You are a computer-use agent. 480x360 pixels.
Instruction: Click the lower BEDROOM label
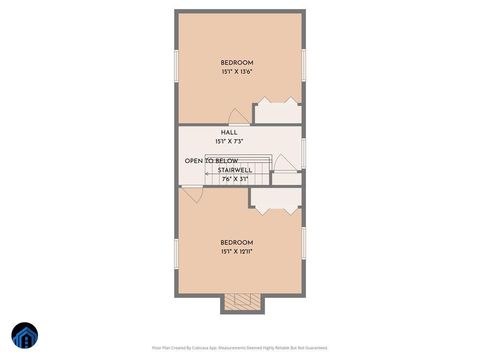(x=237, y=242)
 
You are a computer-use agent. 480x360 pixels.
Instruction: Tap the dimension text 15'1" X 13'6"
(x=237, y=72)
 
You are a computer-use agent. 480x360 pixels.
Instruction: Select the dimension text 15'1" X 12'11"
(x=237, y=252)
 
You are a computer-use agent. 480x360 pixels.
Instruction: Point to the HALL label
(x=229, y=132)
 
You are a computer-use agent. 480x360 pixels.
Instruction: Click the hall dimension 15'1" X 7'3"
(x=230, y=141)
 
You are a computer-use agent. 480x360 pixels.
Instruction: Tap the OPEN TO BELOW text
(x=211, y=161)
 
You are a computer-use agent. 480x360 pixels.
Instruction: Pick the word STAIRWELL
(x=234, y=171)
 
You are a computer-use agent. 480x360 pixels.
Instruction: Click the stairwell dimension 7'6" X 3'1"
(x=234, y=180)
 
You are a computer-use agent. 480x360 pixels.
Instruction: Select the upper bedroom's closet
(x=277, y=111)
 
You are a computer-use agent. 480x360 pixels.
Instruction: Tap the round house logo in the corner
(x=25, y=337)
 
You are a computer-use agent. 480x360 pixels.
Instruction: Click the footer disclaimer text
(x=239, y=348)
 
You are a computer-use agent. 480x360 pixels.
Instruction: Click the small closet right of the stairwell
(x=286, y=178)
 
